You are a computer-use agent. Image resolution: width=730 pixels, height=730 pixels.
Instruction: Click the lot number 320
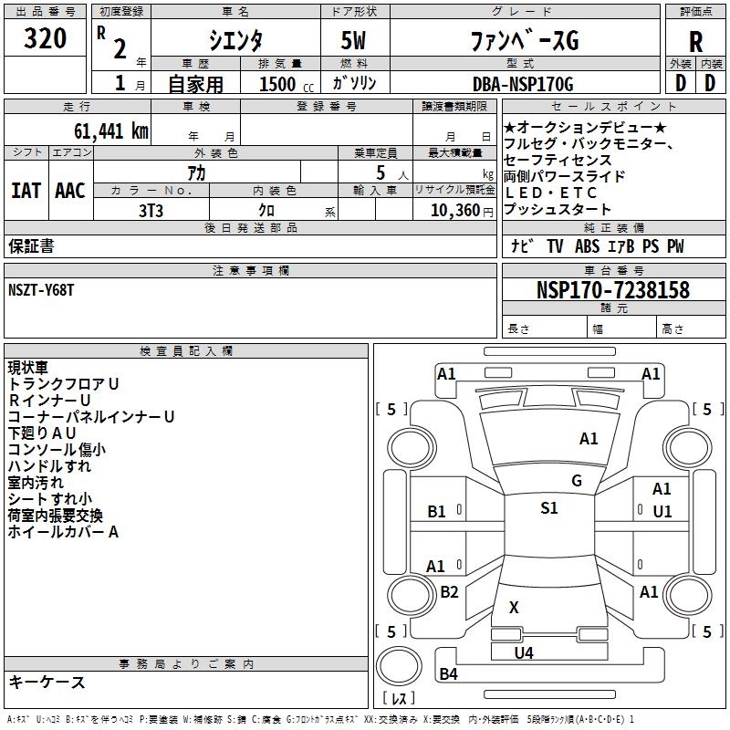[46, 39]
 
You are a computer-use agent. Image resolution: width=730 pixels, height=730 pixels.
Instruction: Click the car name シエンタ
[235, 41]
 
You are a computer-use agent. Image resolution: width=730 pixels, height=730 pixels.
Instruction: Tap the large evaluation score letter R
[695, 41]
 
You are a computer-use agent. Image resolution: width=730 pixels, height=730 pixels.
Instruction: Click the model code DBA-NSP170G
[523, 85]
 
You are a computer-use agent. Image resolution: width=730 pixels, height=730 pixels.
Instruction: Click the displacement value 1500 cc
[280, 85]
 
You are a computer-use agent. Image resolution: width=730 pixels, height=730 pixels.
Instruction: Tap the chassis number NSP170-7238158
[613, 290]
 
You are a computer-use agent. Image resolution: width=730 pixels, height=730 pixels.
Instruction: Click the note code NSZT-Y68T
[42, 289]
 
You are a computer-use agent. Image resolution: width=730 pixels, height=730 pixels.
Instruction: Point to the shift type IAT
[26, 191]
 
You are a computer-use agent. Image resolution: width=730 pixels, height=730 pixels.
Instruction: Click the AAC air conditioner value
[70, 191]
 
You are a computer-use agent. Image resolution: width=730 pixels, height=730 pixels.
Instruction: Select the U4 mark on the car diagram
[523, 652]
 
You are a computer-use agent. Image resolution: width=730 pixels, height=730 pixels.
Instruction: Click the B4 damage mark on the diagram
[448, 674]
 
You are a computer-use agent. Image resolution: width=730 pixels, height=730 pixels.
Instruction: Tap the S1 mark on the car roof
[548, 508]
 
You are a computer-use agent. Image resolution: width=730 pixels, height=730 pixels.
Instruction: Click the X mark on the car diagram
[514, 607]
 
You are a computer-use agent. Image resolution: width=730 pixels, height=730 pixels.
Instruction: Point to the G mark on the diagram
[576, 481]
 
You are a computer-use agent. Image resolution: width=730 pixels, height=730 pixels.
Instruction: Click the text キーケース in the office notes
[47, 682]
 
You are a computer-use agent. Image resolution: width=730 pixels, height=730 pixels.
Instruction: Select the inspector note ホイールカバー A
[63, 531]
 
